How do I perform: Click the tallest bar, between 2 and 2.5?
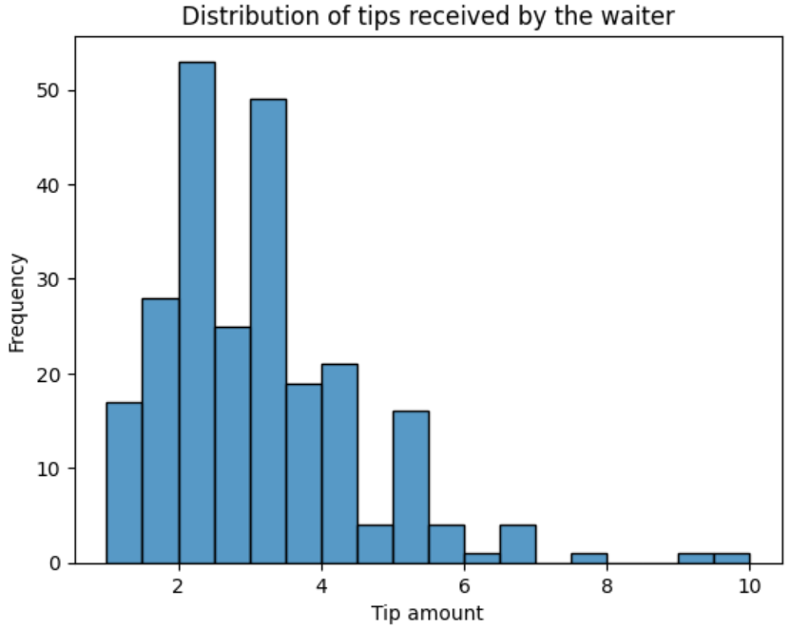click(197, 314)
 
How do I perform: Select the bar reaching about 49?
click(268, 333)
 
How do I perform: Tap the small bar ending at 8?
click(588, 558)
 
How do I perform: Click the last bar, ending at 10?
click(732, 558)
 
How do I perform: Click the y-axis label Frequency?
click(17, 302)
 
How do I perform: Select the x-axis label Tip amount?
click(427, 613)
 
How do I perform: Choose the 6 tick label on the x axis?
click(465, 584)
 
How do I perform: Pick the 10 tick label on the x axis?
click(749, 584)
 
